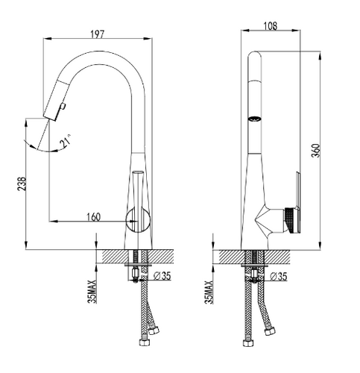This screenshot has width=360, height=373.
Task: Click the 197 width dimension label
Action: coord(97,34)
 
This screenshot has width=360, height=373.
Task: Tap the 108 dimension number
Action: coord(270,26)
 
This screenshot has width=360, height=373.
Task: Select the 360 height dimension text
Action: coord(316,150)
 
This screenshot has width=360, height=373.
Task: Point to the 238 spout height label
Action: coord(22,184)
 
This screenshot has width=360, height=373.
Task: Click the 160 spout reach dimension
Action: coord(93,217)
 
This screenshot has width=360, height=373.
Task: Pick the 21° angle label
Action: coord(66,141)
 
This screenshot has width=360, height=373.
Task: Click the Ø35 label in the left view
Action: coord(162,276)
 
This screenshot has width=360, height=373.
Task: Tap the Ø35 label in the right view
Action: coord(279,276)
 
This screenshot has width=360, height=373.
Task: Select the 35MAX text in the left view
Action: coord(92,292)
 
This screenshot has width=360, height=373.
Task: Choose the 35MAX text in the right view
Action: coord(209,292)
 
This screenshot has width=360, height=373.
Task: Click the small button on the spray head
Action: coord(63,107)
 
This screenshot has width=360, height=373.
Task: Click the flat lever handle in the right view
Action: coord(298,202)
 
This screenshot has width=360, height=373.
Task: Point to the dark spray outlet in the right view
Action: coord(255,119)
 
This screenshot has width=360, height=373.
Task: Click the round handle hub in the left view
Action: coord(138,220)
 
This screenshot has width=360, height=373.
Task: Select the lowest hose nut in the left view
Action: coord(145,342)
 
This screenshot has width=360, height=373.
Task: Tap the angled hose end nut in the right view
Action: coord(270,331)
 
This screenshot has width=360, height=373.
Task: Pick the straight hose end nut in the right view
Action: coord(248,342)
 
